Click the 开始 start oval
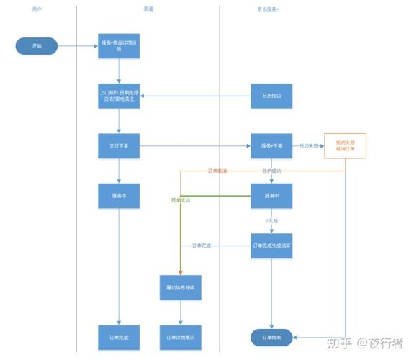pos(37,46)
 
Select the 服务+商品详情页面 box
pos(119,46)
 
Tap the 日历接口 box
pos(271,96)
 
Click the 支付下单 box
pos(119,146)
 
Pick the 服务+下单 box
pos(271,146)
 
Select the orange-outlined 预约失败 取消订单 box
pos(345,146)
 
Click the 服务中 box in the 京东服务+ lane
pos(271,195)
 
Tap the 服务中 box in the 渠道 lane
pos(119,195)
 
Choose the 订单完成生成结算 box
pos(271,246)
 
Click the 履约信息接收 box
pos(180,287)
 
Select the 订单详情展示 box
pos(180,337)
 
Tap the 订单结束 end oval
pos(271,337)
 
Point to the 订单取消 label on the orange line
pos(217,171)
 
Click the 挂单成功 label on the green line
pos(181,199)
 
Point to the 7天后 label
pos(271,220)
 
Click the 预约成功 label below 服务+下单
pos(271,171)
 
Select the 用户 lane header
pos(37,9)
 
